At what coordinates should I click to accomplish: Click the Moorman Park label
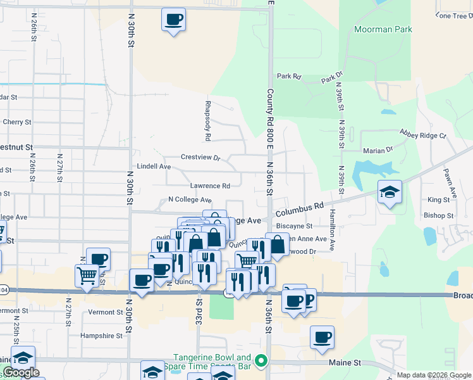383,29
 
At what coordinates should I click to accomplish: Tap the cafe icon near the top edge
173,19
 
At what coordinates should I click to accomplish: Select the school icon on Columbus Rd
390,192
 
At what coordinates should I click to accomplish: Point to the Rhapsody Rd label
207,120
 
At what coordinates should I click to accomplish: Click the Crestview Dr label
200,157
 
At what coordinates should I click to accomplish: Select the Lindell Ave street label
154,167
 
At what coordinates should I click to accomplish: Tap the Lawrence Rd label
210,186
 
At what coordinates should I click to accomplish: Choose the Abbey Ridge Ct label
422,134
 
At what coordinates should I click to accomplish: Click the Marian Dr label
378,150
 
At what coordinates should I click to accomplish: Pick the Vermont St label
105,312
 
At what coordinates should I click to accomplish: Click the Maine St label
344,363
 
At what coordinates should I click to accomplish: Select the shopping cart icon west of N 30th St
86,275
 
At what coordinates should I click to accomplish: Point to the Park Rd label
289,77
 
